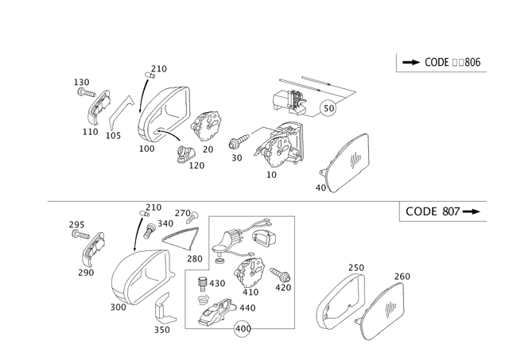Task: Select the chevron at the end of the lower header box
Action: point(476,211)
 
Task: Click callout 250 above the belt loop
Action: point(356,267)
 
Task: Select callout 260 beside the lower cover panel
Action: point(403,276)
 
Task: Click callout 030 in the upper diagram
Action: point(80,81)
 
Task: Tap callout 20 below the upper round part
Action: point(209,149)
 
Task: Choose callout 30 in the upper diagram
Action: point(236,157)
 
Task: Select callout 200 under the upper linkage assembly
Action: point(146,148)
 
